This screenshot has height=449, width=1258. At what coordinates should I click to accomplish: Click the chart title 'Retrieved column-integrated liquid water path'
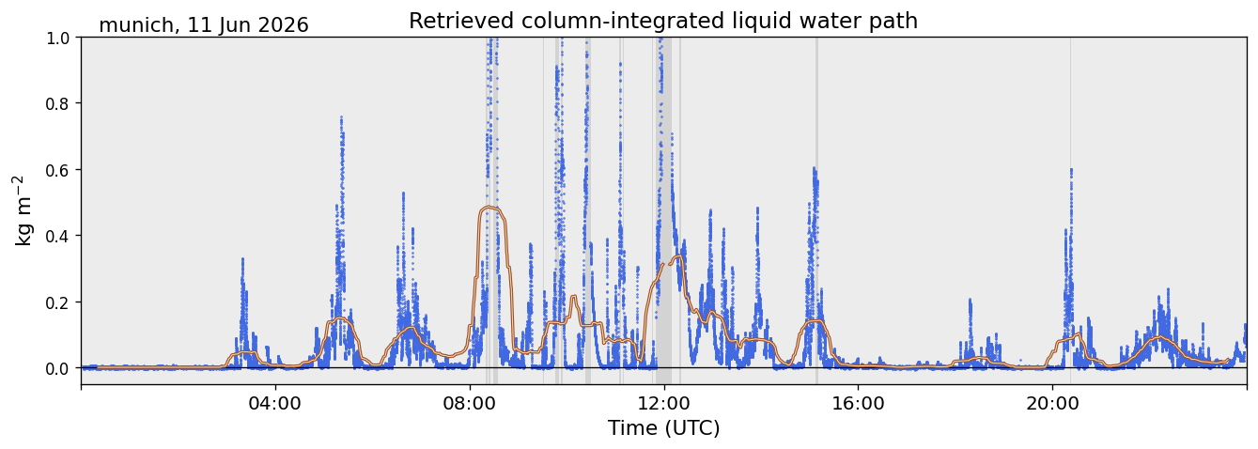click(663, 21)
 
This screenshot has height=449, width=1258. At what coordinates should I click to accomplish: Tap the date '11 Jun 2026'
click(248, 25)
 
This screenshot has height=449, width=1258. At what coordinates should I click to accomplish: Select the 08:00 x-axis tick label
click(470, 404)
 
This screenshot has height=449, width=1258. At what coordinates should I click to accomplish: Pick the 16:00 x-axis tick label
click(858, 404)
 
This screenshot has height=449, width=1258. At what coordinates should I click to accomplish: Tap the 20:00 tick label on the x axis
click(1052, 404)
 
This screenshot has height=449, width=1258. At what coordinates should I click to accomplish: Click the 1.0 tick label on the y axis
click(57, 39)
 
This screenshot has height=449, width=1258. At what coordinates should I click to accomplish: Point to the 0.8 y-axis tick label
click(57, 104)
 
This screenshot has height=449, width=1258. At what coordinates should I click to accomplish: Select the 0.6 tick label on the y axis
click(57, 170)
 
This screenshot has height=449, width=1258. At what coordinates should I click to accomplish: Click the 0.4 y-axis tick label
click(57, 237)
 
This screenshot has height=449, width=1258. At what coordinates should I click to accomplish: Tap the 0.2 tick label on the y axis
click(57, 302)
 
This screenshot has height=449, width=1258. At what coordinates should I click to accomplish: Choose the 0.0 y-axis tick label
click(57, 369)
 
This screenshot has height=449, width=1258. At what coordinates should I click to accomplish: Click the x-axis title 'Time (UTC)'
click(664, 428)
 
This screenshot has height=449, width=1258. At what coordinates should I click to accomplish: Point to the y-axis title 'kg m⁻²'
click(23, 210)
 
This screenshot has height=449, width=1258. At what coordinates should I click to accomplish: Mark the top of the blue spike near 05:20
click(341, 117)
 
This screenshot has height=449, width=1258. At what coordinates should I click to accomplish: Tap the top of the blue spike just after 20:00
click(1071, 169)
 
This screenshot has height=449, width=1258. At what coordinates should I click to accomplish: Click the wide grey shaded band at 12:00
click(664, 210)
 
